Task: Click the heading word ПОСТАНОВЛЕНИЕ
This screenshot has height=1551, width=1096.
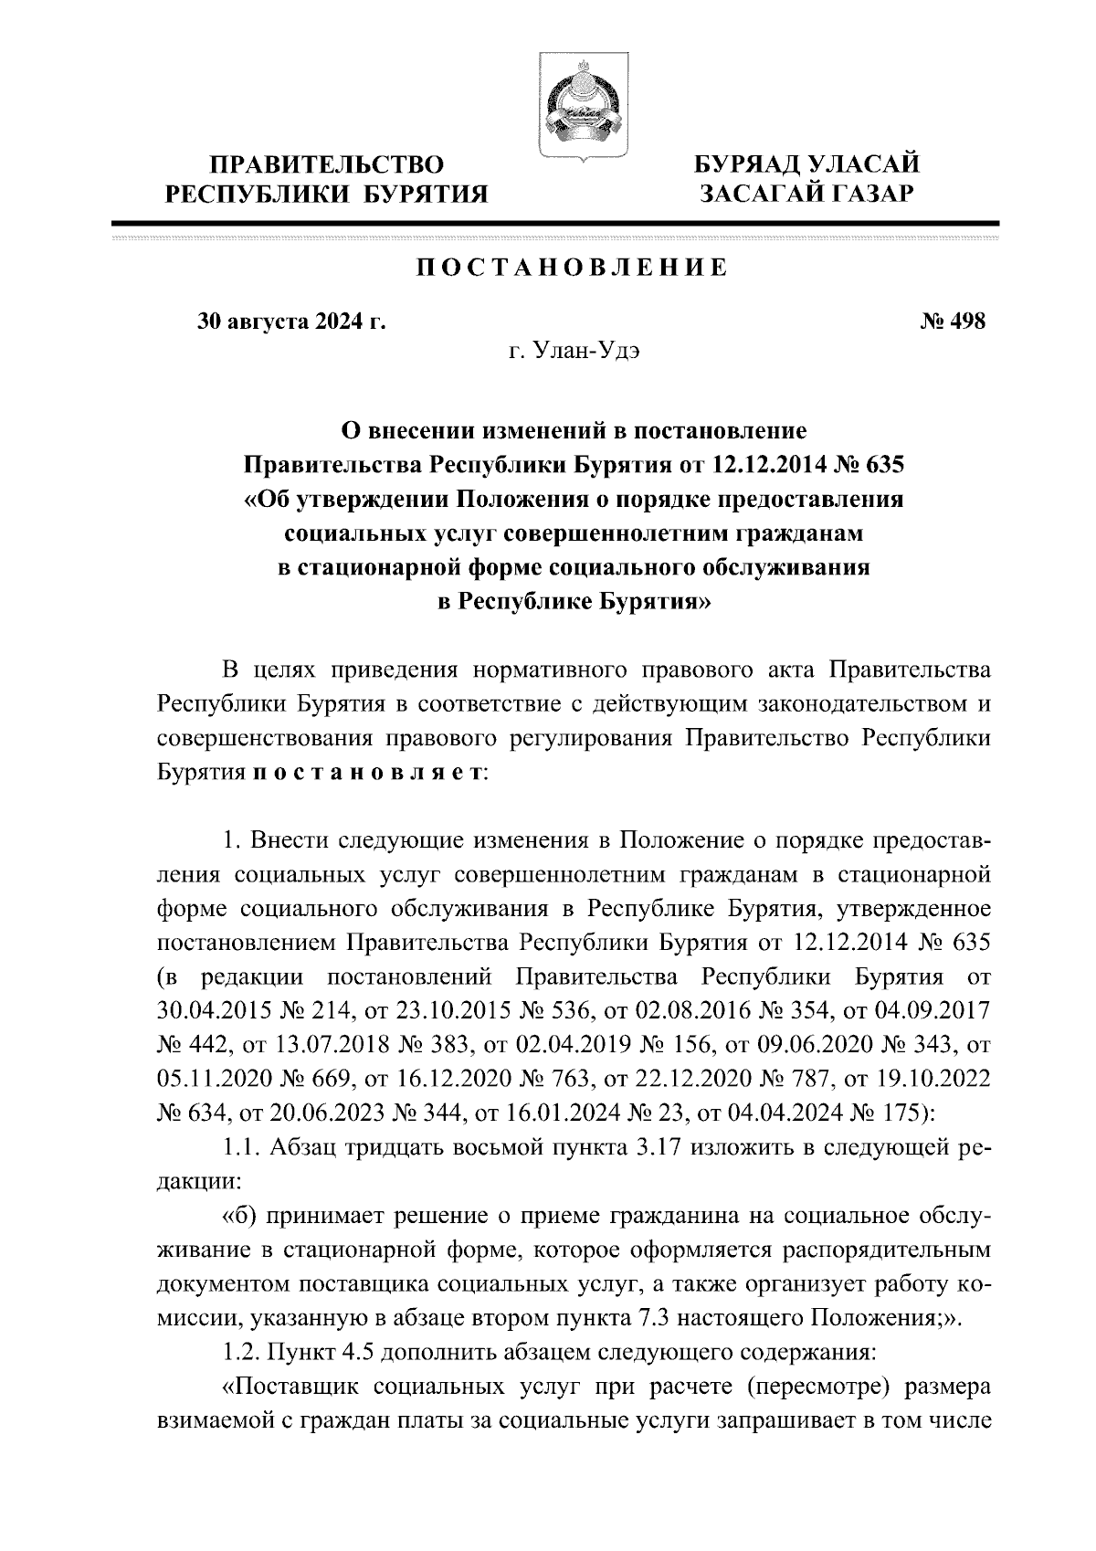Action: tap(573, 269)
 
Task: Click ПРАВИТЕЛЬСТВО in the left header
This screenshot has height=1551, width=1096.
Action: tap(327, 164)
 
